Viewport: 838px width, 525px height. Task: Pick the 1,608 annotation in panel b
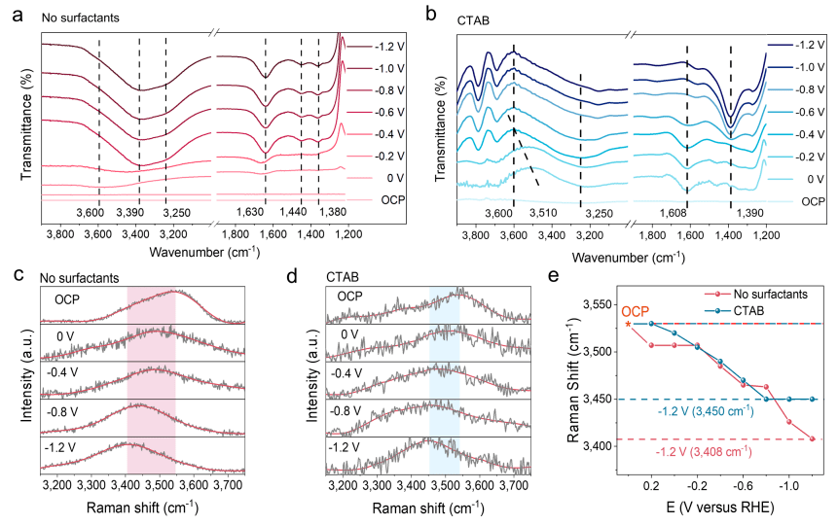(686, 213)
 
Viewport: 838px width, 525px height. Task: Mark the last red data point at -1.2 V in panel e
(812, 438)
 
